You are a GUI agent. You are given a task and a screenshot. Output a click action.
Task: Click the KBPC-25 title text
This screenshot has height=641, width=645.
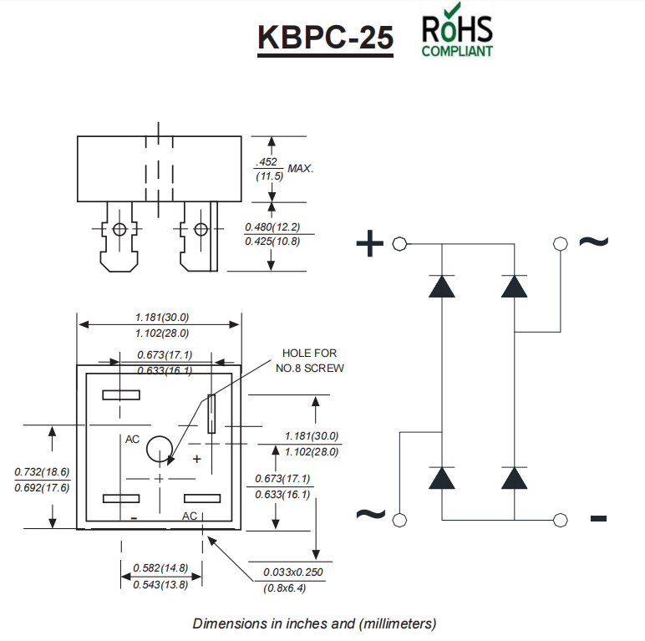(325, 38)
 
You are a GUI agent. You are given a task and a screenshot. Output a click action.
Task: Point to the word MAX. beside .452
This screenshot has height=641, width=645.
(301, 168)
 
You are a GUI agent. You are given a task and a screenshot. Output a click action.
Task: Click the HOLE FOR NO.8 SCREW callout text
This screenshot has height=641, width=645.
(309, 360)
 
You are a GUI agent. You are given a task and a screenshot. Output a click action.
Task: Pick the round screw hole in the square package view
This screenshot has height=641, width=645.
(160, 450)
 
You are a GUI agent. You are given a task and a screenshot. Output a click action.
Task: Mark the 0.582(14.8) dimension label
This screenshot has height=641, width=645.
(160, 568)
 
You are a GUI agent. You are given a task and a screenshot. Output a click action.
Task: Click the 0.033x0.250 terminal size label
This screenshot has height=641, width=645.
(292, 572)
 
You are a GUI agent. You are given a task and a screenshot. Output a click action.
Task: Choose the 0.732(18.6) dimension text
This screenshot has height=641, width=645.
(42, 472)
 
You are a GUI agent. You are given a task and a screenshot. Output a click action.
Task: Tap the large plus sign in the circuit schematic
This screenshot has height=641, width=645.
(370, 244)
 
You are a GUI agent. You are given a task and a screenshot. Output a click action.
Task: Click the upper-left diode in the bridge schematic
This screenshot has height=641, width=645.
(440, 287)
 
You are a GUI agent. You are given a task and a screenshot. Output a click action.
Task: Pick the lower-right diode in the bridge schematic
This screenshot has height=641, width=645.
(515, 477)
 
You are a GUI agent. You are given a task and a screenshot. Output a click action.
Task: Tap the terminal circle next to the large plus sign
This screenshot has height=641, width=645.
(399, 244)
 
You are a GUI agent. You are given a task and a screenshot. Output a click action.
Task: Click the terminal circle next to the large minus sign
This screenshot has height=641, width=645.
(560, 521)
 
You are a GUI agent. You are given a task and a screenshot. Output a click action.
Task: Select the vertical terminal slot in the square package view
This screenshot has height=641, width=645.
(212, 413)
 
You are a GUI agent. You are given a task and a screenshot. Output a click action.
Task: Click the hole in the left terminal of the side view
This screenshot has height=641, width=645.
(119, 230)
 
